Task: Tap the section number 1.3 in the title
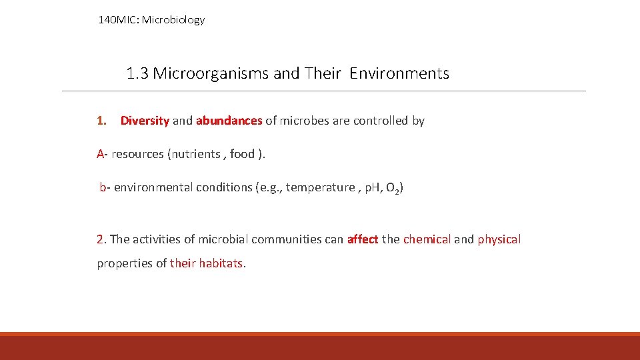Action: pos(137,73)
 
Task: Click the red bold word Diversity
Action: pos(145,121)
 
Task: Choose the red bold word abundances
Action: pos(229,121)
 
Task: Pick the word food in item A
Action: pos(242,154)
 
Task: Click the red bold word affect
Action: pos(363,239)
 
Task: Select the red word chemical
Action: pos(427,239)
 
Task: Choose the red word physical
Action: pos(499,239)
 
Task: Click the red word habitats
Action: pos(221,263)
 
